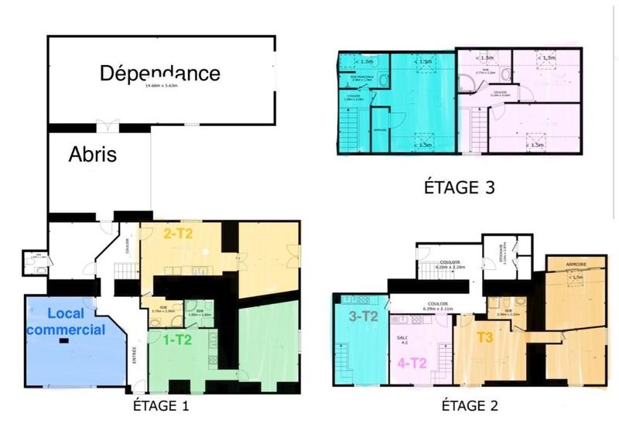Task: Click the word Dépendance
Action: [160, 73]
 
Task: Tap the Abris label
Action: [93, 154]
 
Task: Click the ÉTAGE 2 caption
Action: [470, 405]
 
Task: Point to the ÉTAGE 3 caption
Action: [459, 186]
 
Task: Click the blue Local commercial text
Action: [76, 322]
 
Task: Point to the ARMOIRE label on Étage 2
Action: [576, 264]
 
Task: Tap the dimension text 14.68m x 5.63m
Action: [160, 86]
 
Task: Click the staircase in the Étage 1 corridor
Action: [126, 271]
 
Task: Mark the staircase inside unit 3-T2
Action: [343, 362]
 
